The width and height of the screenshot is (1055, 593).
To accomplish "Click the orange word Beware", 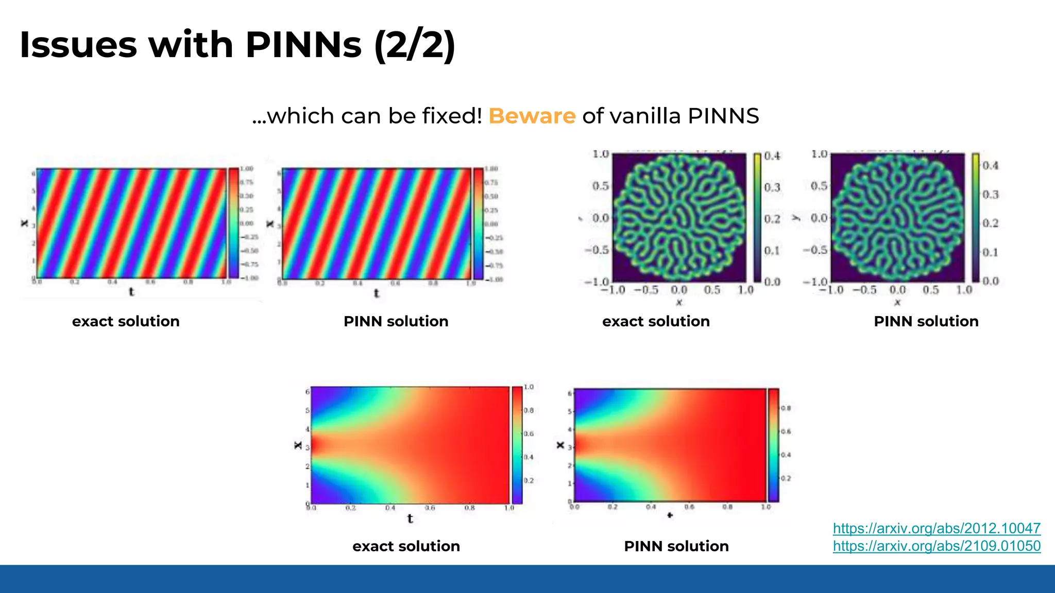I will (532, 116).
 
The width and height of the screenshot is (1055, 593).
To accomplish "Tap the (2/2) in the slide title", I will (415, 45).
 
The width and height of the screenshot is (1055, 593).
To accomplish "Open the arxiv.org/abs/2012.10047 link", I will (937, 528).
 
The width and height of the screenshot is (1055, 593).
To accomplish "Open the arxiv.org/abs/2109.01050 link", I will (937, 546).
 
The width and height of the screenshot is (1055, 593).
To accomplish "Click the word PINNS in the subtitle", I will (723, 116).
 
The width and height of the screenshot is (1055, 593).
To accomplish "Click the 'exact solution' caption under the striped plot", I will (126, 321).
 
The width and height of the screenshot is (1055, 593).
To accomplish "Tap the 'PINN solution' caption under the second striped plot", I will (396, 321).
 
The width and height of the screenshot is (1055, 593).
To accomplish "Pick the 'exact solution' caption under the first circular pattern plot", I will (656, 321).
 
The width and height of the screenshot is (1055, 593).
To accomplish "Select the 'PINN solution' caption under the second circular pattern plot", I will (926, 321).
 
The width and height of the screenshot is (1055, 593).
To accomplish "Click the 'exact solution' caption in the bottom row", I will (406, 546).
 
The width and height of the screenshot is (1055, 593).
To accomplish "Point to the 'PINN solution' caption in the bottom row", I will (676, 546).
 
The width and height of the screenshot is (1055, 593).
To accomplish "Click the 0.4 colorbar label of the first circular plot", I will (772, 156).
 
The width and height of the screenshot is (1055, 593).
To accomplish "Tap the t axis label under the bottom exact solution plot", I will (410, 519).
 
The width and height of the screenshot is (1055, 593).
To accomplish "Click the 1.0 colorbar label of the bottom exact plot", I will (529, 387).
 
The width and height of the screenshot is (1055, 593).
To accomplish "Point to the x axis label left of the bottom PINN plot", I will (560, 445).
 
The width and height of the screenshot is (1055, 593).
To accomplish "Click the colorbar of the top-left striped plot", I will (233, 223).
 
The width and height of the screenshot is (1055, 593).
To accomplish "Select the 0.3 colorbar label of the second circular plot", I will (991, 195).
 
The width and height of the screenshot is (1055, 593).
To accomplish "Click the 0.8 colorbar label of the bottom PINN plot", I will (786, 408).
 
